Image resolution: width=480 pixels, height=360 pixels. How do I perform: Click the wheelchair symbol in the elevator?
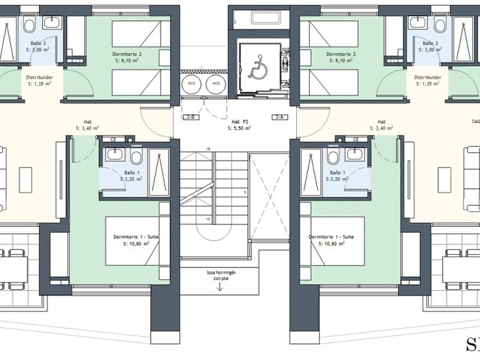[257, 66]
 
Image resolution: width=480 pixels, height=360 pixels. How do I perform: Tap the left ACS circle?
[190, 83]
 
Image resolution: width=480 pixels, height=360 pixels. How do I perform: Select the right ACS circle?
[216, 83]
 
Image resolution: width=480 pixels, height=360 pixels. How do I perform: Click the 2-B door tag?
[190, 117]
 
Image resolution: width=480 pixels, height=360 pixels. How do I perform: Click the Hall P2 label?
[240, 122]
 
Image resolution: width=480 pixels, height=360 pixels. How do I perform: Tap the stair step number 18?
[208, 149]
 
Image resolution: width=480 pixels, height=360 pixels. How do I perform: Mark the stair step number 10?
[206, 219]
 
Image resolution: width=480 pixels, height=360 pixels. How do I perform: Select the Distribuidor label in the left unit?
[39, 77]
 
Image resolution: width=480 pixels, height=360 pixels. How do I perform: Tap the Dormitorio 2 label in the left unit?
[127, 54]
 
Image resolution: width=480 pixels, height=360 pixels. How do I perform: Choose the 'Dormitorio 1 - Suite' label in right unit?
[331, 237]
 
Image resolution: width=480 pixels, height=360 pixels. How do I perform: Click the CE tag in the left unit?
[114, 139]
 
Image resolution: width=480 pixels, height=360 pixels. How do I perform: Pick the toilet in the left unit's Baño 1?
[136, 157]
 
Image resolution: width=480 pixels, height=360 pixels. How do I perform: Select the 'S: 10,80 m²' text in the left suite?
[136, 244]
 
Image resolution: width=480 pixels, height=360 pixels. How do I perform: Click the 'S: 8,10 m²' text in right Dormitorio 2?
[341, 61]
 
